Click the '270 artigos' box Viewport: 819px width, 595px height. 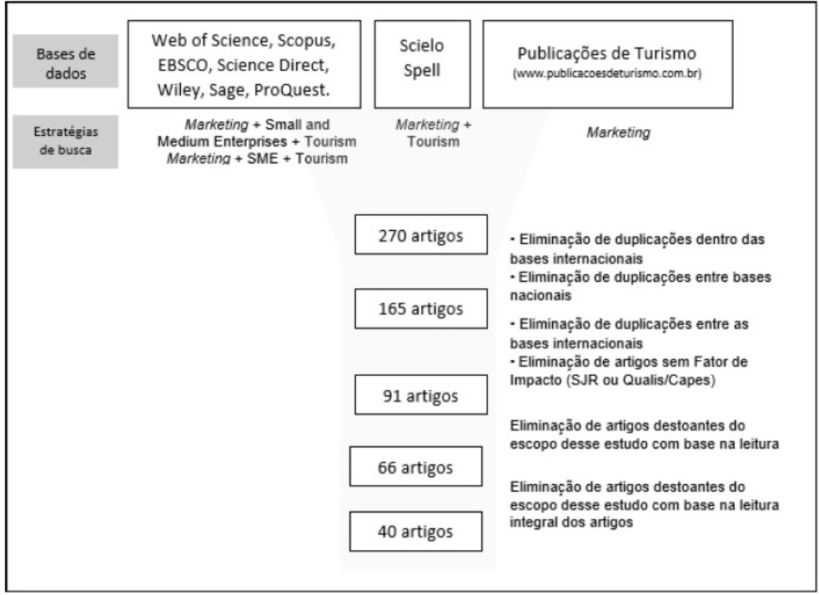(x=420, y=235)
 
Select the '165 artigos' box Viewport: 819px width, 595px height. (x=420, y=310)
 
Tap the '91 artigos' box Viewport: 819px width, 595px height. (x=420, y=394)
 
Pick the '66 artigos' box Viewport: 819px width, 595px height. (x=416, y=467)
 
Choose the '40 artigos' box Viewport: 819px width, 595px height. (x=416, y=531)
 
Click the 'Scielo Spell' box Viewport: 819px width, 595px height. (x=421, y=63)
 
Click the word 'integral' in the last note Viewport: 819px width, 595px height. (x=532, y=523)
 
